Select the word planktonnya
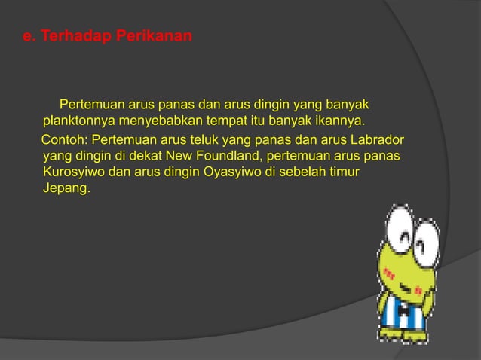[x=81, y=120]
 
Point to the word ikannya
[x=339, y=120]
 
